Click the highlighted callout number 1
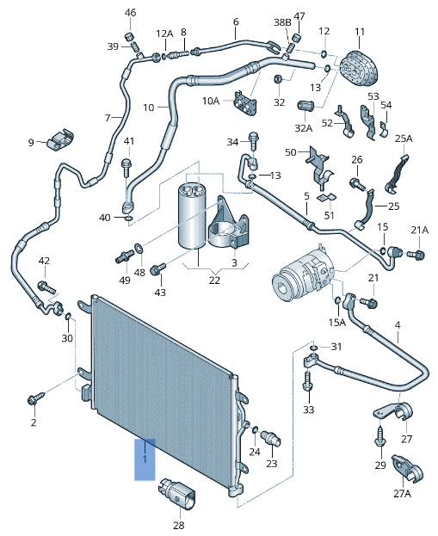tap(145, 459)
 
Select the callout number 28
tap(179, 525)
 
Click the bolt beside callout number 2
tap(35, 399)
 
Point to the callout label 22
tap(214, 280)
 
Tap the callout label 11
tap(360, 32)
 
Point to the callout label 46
tap(130, 13)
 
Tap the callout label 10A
tap(212, 102)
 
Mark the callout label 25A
tap(404, 139)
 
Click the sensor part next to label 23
tap(273, 437)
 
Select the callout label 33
tap(309, 410)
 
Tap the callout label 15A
tap(336, 322)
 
